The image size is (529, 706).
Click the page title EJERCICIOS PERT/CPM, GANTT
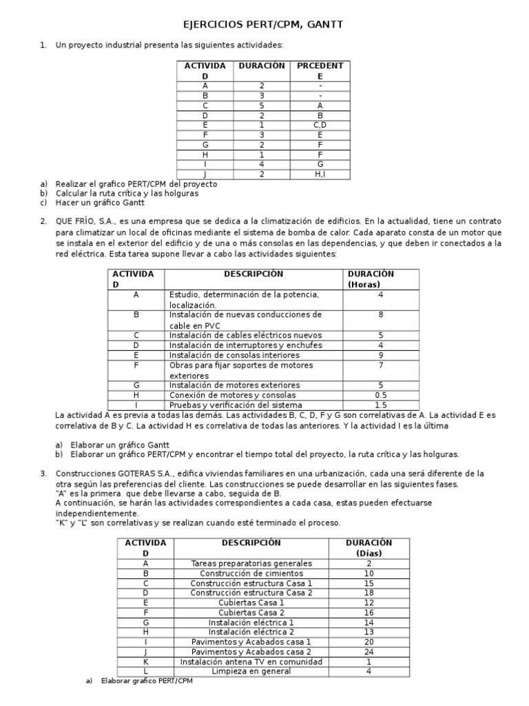point(262,25)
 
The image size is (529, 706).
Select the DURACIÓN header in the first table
point(261,65)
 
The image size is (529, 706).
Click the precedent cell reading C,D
point(320,125)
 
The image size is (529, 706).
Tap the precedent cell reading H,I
point(320,174)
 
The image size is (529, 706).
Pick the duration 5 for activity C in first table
point(261,105)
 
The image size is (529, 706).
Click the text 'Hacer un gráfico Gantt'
point(98,203)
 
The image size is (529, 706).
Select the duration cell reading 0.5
point(380,395)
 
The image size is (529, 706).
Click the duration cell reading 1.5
point(380,405)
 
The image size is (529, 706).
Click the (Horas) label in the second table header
point(369,284)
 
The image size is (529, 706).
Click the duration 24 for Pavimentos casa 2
point(369,652)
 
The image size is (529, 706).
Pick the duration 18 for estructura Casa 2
point(369,592)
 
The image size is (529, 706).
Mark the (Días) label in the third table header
point(369,553)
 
